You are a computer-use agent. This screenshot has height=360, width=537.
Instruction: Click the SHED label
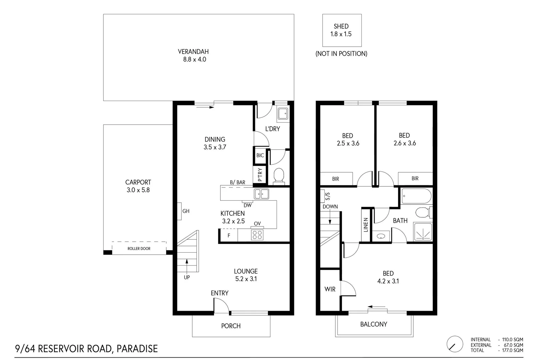(341, 26)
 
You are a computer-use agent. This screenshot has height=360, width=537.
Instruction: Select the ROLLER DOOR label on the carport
(139, 249)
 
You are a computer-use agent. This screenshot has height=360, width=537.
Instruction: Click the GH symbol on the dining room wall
(179, 211)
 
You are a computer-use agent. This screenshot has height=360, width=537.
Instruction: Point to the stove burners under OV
(257, 235)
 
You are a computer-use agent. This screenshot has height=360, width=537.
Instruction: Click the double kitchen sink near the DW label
(261, 194)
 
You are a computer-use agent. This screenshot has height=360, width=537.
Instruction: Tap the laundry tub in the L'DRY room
(283, 114)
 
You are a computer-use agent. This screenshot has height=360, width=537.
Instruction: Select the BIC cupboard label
(260, 155)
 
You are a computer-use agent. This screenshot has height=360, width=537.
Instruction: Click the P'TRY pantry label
(260, 174)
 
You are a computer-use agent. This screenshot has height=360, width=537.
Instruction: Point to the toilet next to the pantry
(278, 176)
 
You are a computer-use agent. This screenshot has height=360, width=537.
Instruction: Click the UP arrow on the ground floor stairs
(187, 267)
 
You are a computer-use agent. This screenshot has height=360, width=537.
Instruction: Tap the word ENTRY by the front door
(219, 293)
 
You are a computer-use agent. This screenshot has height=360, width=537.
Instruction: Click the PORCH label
(231, 326)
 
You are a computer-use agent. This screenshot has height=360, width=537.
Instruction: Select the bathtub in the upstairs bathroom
(416, 196)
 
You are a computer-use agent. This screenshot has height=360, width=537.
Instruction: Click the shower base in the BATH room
(423, 232)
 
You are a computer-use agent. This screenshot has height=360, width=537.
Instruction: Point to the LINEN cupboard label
(366, 225)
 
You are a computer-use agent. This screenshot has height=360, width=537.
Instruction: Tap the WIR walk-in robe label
(330, 289)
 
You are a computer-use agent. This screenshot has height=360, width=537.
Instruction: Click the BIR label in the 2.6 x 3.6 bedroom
(415, 179)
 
